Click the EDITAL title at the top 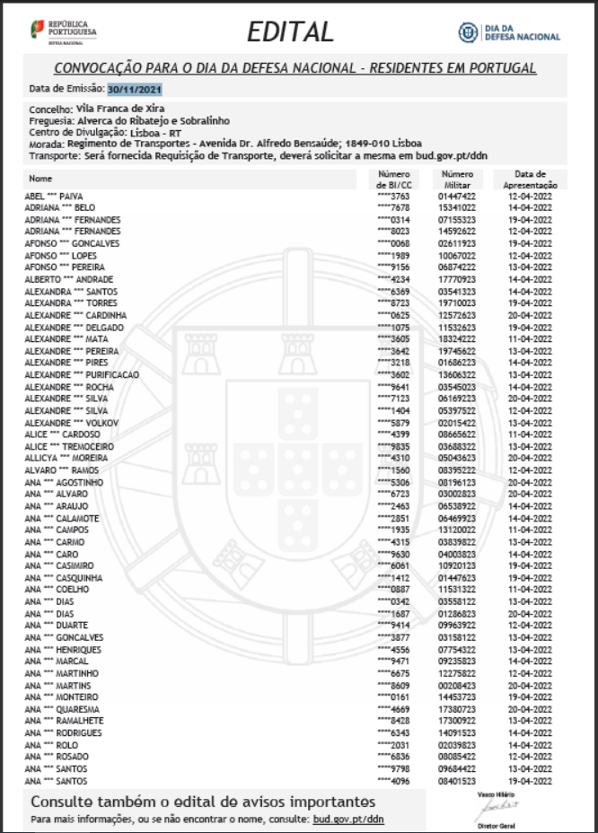click(290, 32)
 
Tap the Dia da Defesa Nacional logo click(509, 32)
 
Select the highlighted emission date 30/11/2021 click(135, 89)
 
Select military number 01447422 click(456, 196)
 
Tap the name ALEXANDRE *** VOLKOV click(71, 423)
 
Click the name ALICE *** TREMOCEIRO click(69, 446)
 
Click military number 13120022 click(456, 530)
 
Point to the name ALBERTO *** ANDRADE click(68, 279)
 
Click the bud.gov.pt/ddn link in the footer click(347, 820)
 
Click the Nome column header click(41, 178)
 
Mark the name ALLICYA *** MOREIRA click(68, 458)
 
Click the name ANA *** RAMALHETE click(64, 721)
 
